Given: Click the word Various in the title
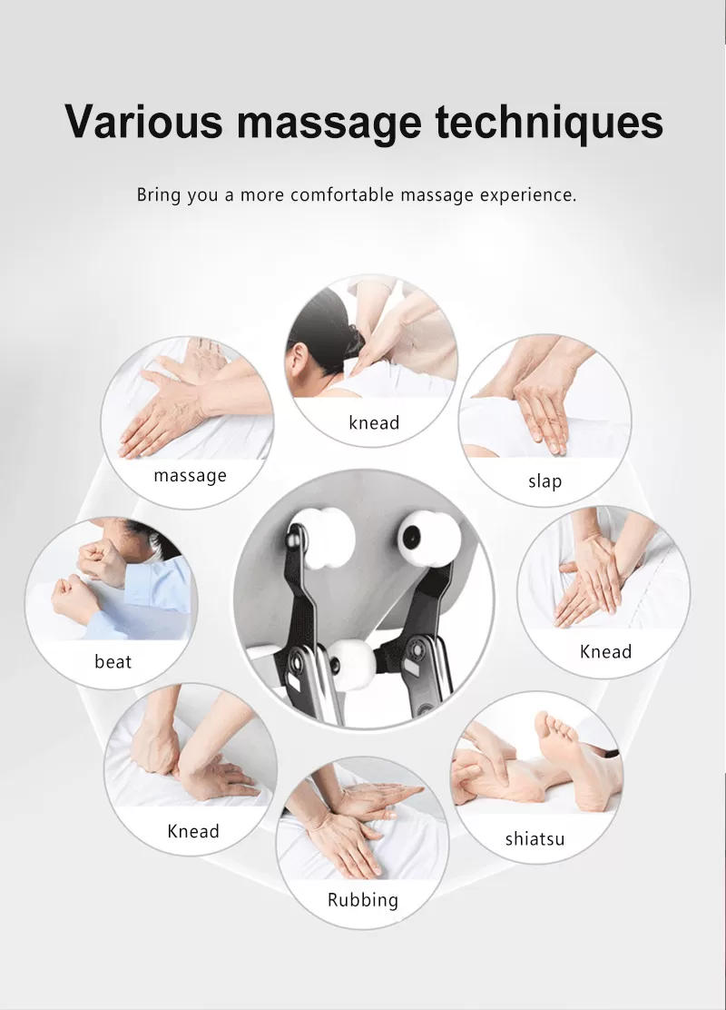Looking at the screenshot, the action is click(x=143, y=121).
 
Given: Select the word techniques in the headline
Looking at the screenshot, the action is click(x=549, y=121).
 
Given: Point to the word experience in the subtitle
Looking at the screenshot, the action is click(x=527, y=194).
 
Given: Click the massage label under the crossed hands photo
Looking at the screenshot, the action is click(x=190, y=475).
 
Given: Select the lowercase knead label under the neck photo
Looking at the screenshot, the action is click(x=374, y=422).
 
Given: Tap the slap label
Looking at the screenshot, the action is click(x=545, y=480).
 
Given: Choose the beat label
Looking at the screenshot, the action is click(x=113, y=661).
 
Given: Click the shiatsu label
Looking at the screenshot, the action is click(x=535, y=838).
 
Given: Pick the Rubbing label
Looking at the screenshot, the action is click(x=363, y=900).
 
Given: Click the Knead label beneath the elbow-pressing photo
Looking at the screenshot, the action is click(x=193, y=831).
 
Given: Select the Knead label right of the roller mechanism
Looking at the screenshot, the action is click(x=605, y=651).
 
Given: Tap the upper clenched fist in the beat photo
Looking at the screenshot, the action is click(x=101, y=561).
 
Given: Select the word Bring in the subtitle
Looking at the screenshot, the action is click(x=158, y=194).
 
